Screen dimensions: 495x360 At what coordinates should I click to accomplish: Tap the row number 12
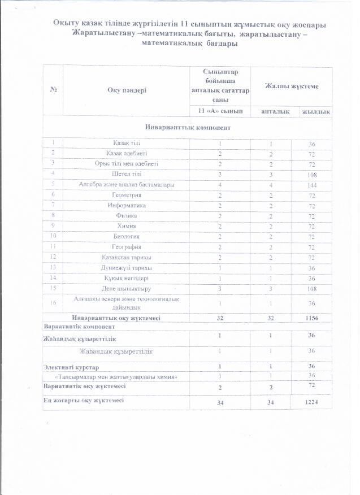(x=53, y=257)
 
